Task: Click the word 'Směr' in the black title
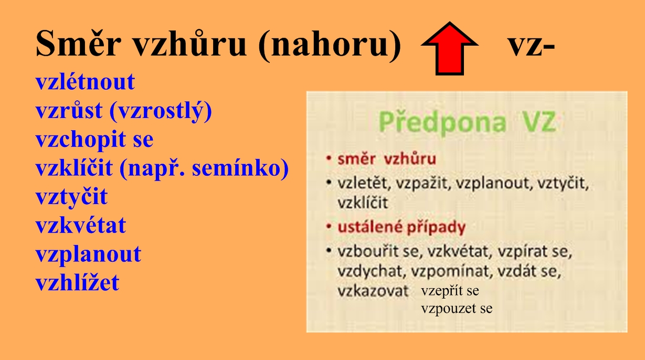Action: (78, 43)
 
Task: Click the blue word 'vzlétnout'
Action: (85, 82)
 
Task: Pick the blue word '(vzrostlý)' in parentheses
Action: (161, 111)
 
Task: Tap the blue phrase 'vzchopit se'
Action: (94, 140)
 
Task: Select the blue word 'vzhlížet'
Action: (78, 282)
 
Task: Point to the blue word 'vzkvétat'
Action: (81, 225)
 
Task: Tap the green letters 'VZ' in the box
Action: (539, 122)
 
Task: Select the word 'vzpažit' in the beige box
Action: (423, 183)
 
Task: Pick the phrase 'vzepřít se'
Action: (450, 291)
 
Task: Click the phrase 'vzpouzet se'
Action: (457, 309)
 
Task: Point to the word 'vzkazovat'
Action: (373, 291)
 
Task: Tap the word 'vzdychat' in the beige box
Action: (372, 271)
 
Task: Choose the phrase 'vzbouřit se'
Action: (380, 251)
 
